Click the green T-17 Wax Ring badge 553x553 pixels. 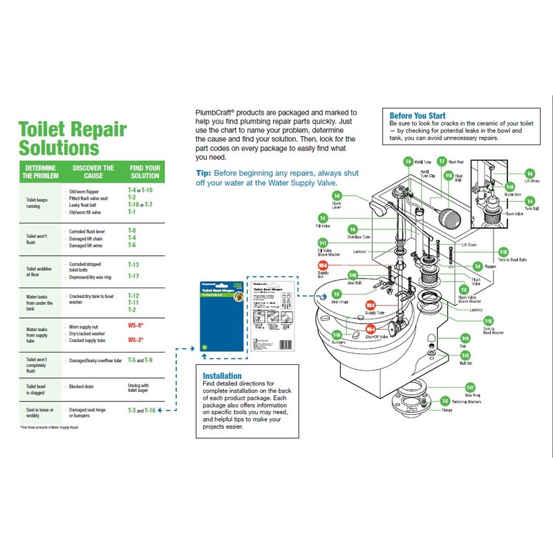click(x=470, y=387)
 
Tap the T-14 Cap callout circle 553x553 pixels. click(x=465, y=338)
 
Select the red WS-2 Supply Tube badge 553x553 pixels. click(x=371, y=304)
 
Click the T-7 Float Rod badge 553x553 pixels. click(x=442, y=160)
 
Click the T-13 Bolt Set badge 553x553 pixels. click(x=465, y=354)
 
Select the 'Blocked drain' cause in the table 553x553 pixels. click(x=82, y=386)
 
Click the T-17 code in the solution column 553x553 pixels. click(x=133, y=276)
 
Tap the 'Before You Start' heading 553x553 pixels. click(x=418, y=115)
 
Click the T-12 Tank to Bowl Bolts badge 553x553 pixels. click(x=504, y=252)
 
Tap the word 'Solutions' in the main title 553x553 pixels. click(x=54, y=147)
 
